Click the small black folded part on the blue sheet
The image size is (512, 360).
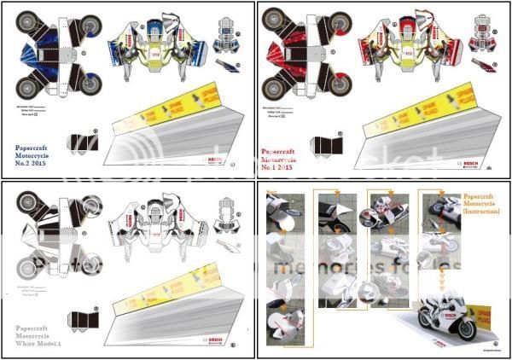click(x=83, y=142)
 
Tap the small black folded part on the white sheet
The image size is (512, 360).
click(x=83, y=319)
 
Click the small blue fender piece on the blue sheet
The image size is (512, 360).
click(x=229, y=65)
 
